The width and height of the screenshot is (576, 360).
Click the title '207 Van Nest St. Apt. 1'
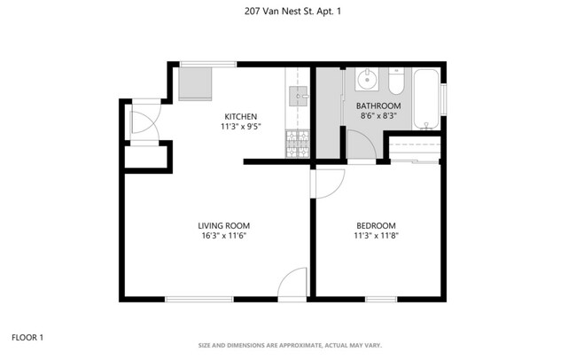point(288,12)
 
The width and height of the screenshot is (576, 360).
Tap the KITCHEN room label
point(240,117)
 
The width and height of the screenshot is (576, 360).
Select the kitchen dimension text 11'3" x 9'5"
point(240,128)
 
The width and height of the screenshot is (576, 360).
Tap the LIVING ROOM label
point(218,225)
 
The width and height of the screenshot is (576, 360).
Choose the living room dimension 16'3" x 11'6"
point(218,236)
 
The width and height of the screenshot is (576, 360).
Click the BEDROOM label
point(376,225)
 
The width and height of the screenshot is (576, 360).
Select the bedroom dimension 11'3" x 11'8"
point(376,236)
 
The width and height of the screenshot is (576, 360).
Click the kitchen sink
point(299,95)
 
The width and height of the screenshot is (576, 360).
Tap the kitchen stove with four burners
point(296,145)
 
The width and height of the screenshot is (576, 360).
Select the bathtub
point(427,98)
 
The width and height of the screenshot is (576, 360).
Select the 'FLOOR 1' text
point(27,337)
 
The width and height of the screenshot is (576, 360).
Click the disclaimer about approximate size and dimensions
point(288,345)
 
